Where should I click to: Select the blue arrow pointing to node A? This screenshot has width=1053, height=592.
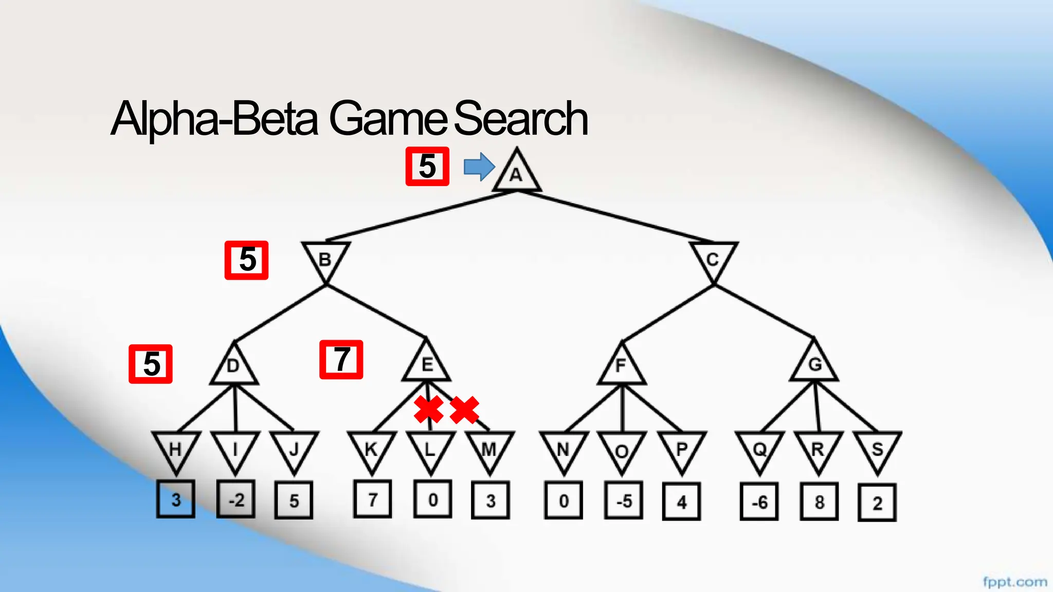[479, 166]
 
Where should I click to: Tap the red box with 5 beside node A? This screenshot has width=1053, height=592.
[427, 166]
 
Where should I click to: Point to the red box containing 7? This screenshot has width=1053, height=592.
[341, 360]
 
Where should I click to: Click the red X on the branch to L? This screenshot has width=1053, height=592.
[428, 410]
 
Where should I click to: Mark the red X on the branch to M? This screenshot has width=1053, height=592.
[464, 410]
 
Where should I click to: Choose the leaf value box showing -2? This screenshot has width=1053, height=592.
[236, 499]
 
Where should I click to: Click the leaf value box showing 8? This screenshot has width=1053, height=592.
[819, 502]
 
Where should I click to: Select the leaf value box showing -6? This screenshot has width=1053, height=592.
[759, 502]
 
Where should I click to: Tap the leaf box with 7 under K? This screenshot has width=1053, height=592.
[372, 499]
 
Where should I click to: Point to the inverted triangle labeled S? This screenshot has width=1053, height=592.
[877, 449]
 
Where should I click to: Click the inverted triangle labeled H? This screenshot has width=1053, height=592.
[176, 449]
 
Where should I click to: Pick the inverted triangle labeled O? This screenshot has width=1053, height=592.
[622, 450]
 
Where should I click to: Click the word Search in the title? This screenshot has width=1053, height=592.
[520, 119]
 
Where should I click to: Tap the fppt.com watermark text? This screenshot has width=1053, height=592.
[1014, 582]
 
